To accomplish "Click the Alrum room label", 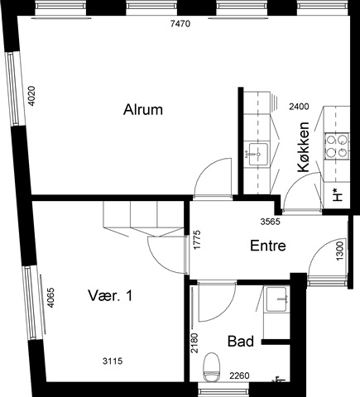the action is tap(143, 109).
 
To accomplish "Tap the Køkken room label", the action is tap(303, 147).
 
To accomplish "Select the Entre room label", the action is tap(268, 246).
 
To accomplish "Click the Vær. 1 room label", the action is tap(110, 295).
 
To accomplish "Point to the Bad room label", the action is tap(241, 342).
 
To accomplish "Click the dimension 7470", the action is tap(180, 24).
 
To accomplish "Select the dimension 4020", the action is tap(32, 96).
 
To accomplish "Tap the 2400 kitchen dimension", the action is tap(299, 107).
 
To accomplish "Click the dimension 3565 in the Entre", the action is tap(271, 222).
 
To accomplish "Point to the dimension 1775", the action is tap(197, 240).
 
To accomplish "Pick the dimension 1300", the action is tap(340, 251).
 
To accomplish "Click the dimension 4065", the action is tap(50, 298).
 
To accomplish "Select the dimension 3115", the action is tap(113, 361).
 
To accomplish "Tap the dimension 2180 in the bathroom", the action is tap(194, 343).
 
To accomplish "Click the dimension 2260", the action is tap(240, 375).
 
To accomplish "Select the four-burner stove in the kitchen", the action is tap(336, 146).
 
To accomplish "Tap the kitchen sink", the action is tap(258, 154).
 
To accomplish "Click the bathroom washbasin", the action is tap(277, 299).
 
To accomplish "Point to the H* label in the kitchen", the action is tap(337, 194).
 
